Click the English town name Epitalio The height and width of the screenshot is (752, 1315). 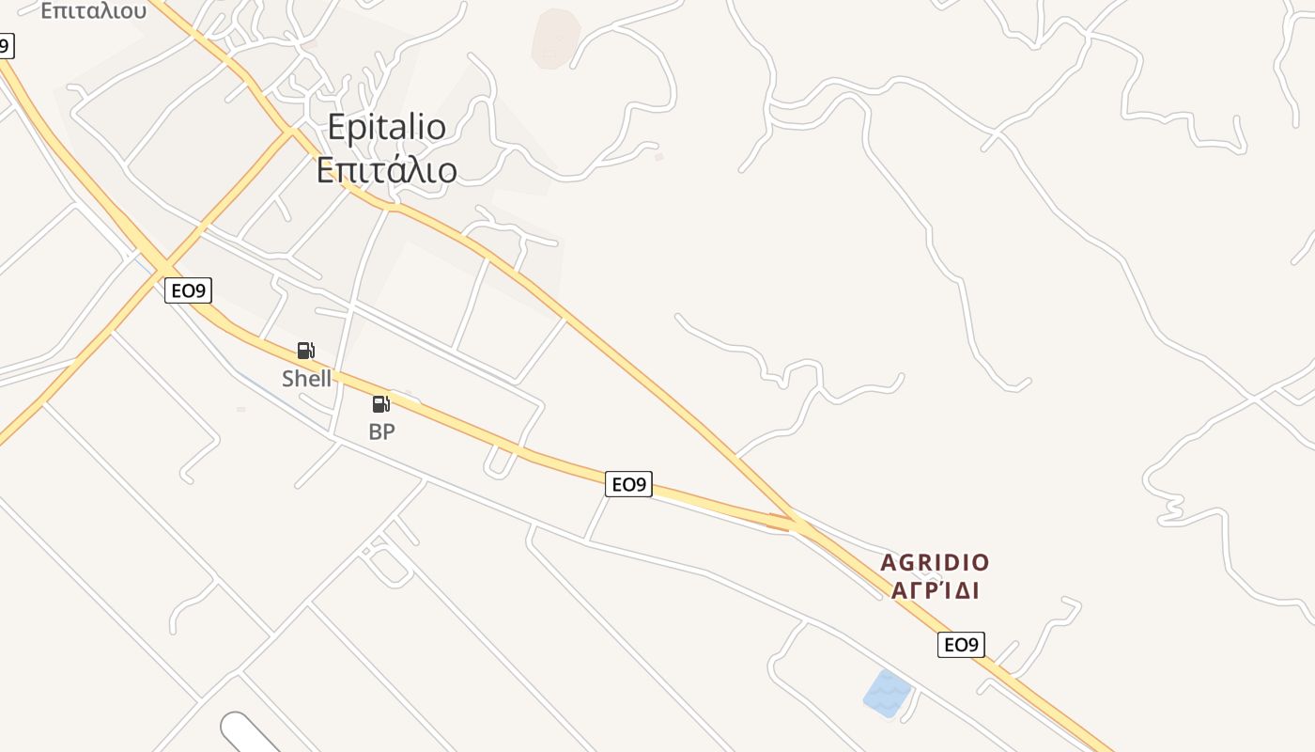(386, 127)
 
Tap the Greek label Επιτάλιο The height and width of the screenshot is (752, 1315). (386, 170)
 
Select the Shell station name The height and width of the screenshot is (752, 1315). (306, 378)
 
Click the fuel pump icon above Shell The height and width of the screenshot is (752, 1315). (305, 351)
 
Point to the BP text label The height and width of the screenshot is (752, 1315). (381, 431)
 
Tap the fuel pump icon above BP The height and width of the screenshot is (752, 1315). (380, 404)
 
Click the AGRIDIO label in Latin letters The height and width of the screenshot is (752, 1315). (935, 563)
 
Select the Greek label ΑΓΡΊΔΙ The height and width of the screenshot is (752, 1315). (935, 590)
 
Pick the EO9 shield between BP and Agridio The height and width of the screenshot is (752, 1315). (628, 484)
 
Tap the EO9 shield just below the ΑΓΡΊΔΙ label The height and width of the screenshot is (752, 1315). (960, 645)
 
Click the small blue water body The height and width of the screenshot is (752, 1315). (887, 693)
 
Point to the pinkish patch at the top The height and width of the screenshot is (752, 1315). (556, 38)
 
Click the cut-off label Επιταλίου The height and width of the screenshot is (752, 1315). (93, 10)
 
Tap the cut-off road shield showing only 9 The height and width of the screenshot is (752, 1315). (6, 44)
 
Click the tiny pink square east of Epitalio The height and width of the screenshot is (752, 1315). (659, 157)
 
